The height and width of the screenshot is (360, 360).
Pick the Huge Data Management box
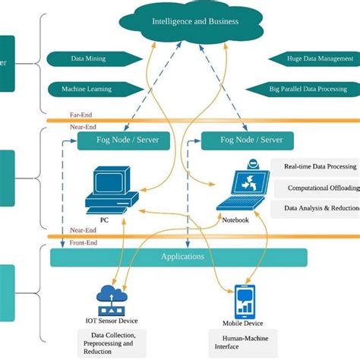pos(311,58)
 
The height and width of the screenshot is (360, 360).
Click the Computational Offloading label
pos(317,187)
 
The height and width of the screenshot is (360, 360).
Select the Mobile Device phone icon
pos(245,301)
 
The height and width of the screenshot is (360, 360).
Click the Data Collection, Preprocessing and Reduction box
pos(113,343)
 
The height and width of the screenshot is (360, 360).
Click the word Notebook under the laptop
pos(235,220)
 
